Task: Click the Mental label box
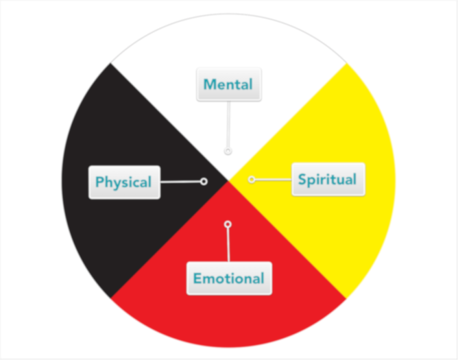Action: (228, 85)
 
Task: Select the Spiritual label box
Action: (327, 180)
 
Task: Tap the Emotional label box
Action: (228, 278)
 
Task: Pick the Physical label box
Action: (124, 182)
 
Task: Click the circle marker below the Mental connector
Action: (228, 151)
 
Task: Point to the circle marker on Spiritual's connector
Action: (252, 179)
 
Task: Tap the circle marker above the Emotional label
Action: (228, 224)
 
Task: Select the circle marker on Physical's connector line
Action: (204, 182)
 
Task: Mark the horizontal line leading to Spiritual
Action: (273, 179)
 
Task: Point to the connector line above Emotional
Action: (228, 244)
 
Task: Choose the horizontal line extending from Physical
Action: (180, 182)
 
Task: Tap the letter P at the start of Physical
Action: (100, 182)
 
